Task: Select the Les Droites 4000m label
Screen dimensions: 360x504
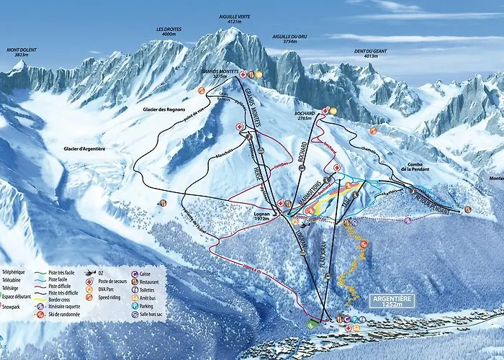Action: coord(169,32)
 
